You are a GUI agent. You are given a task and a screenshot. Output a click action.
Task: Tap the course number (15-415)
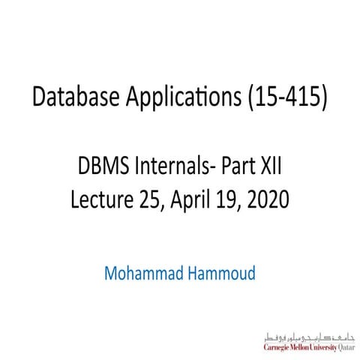pos(291,97)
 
